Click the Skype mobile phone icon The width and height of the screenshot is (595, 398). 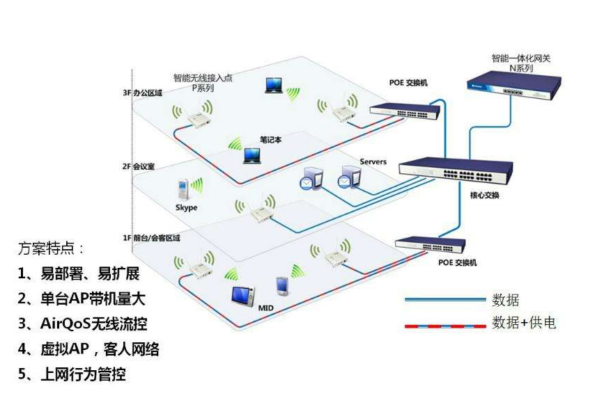pos(183,188)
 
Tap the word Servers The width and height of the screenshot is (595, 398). pos(373,162)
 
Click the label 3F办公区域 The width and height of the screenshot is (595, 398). pos(143,93)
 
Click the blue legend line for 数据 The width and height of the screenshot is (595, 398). pos(445,300)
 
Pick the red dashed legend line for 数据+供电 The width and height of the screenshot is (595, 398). pos(445,324)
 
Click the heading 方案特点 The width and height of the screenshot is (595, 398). pos(52,248)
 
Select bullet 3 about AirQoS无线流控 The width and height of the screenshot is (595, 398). pos(83,324)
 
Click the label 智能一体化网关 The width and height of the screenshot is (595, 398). pos(516,58)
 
